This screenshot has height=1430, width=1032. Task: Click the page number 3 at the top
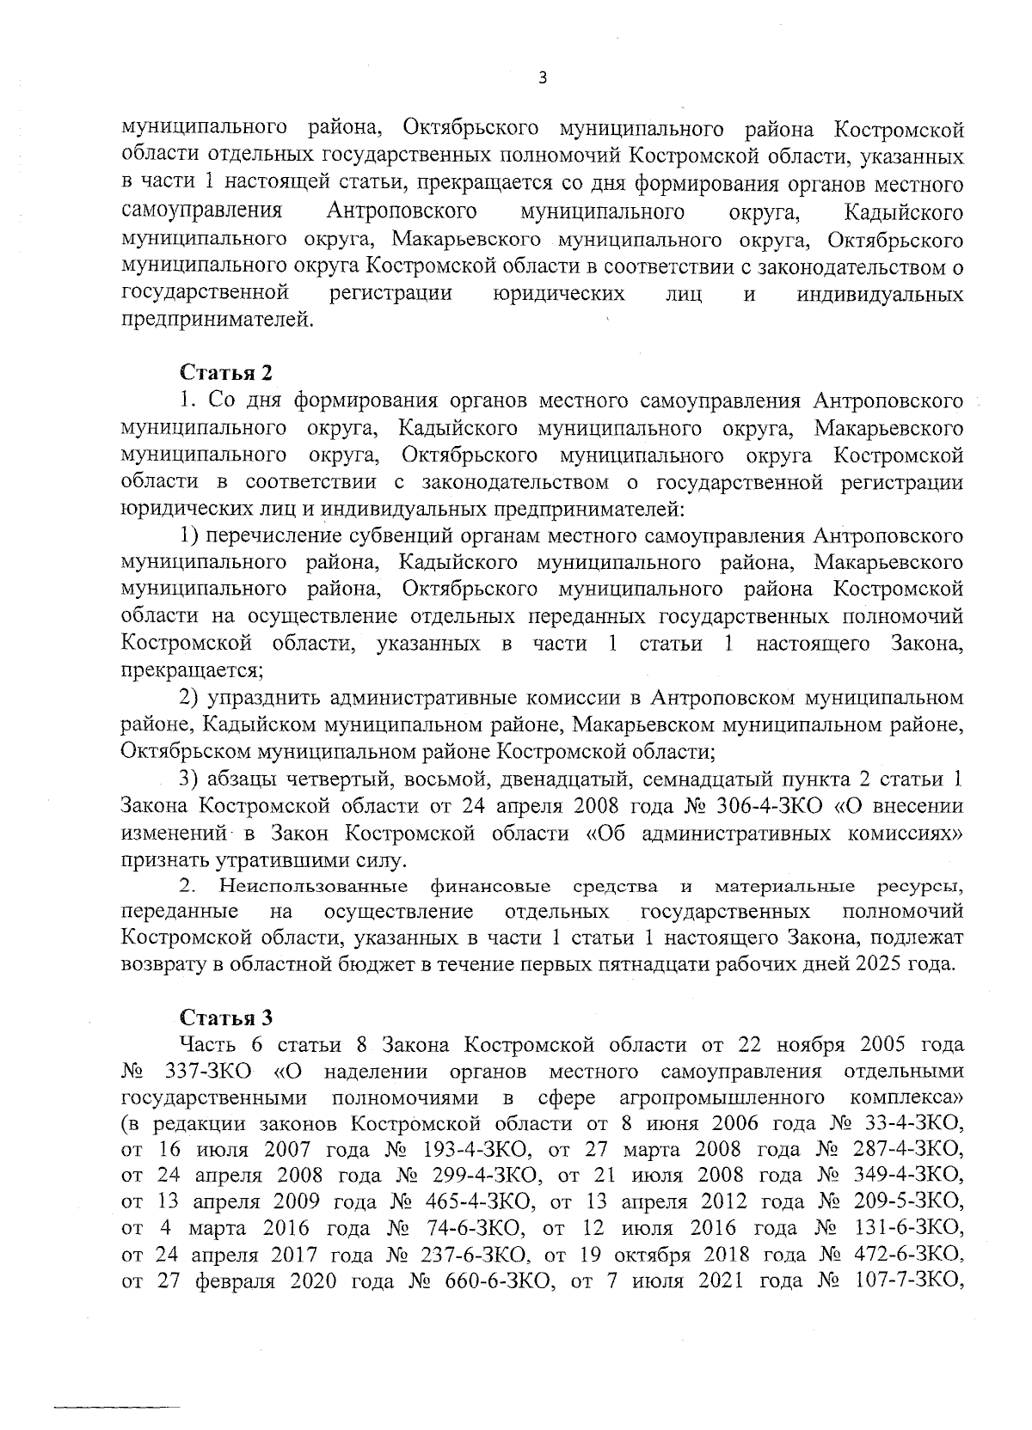click(x=542, y=78)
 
